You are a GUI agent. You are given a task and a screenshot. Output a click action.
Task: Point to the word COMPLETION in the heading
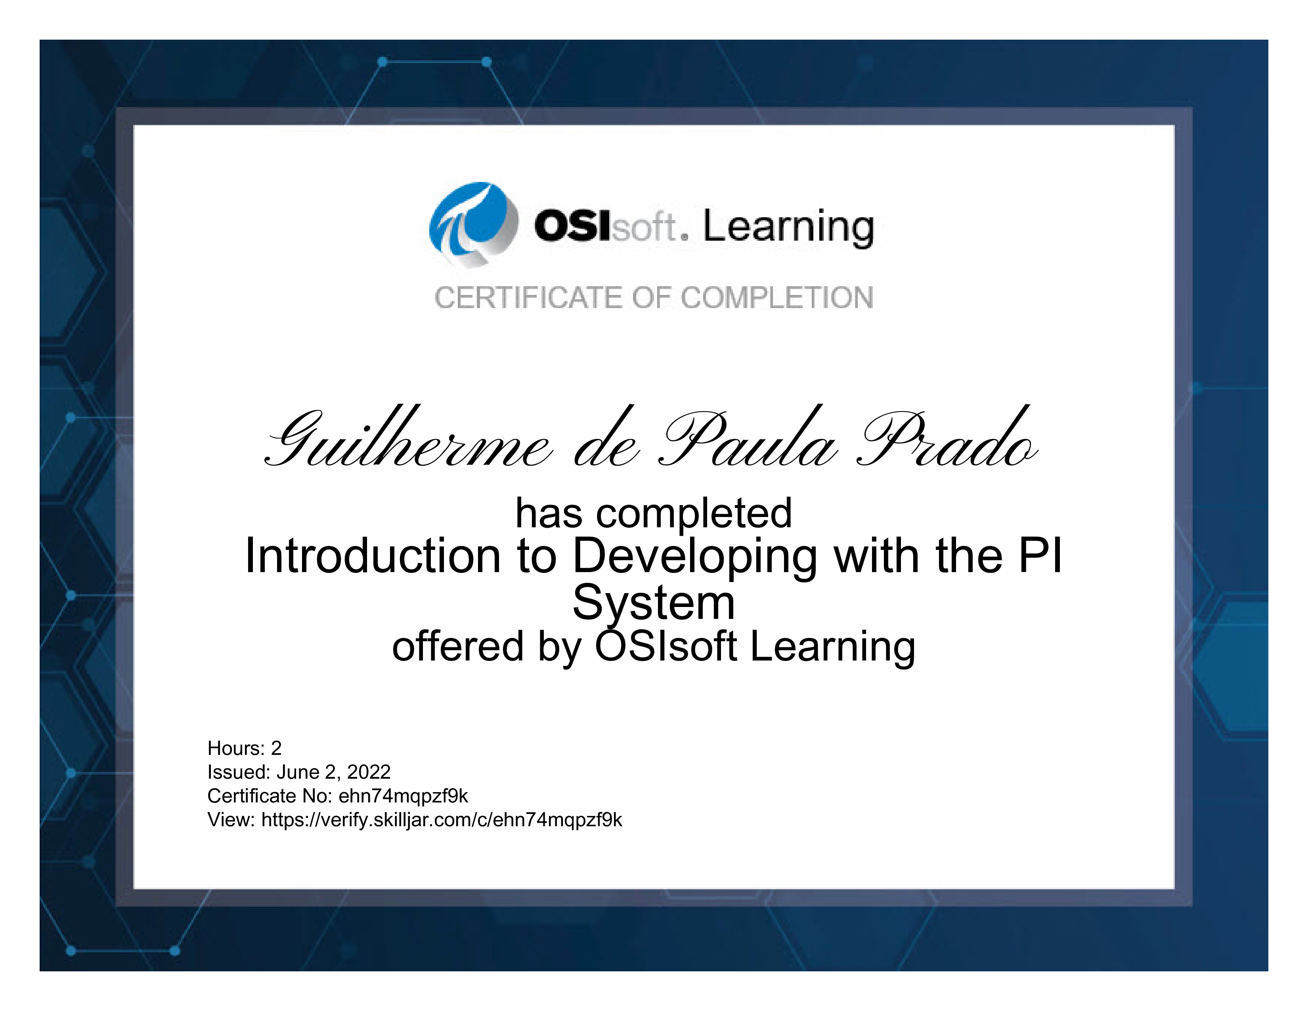(x=777, y=298)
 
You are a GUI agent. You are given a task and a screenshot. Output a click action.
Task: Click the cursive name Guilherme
(x=407, y=437)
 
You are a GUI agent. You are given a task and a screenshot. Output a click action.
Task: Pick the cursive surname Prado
(x=946, y=437)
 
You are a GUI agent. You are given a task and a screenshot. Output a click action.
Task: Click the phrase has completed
(x=654, y=513)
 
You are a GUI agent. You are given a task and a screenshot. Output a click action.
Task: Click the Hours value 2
(x=276, y=748)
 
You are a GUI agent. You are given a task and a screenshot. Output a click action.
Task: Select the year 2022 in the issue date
(x=369, y=772)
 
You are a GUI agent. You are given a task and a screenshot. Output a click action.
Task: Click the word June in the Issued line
(x=298, y=772)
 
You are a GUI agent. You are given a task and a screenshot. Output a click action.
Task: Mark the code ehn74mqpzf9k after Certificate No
(x=403, y=796)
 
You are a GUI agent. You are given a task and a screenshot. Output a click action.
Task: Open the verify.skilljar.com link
(x=442, y=820)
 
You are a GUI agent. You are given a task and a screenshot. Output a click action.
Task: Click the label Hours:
(x=236, y=748)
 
